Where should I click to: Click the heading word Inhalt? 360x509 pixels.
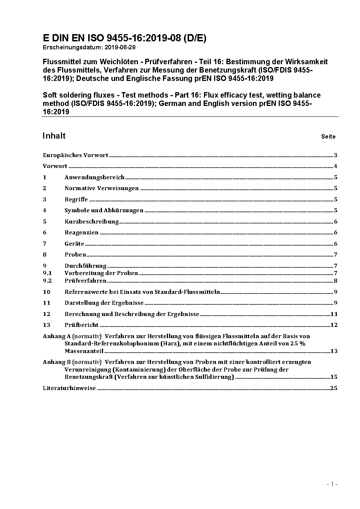(x=54, y=136)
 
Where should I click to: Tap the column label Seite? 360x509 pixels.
(x=328, y=137)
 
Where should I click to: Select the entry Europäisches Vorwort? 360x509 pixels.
(x=75, y=155)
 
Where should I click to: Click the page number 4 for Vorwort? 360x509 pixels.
(x=336, y=166)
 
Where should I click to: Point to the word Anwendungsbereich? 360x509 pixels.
(x=94, y=177)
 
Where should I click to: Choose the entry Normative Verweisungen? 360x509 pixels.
(x=102, y=188)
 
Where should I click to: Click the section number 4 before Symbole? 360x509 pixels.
(x=45, y=210)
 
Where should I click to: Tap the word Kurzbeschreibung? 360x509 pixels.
(x=92, y=222)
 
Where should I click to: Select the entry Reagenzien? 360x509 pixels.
(x=81, y=233)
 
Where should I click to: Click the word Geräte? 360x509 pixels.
(x=74, y=244)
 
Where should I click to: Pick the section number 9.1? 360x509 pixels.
(x=47, y=273)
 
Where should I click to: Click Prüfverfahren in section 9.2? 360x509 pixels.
(x=85, y=281)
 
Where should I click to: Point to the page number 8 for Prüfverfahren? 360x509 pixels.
(x=336, y=281)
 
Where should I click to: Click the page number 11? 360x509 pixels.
(x=334, y=314)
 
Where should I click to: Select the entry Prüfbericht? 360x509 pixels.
(x=81, y=325)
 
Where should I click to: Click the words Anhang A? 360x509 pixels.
(x=56, y=336)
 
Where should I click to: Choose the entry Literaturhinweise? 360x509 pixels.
(x=69, y=388)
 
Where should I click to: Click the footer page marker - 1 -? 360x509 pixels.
(x=332, y=484)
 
